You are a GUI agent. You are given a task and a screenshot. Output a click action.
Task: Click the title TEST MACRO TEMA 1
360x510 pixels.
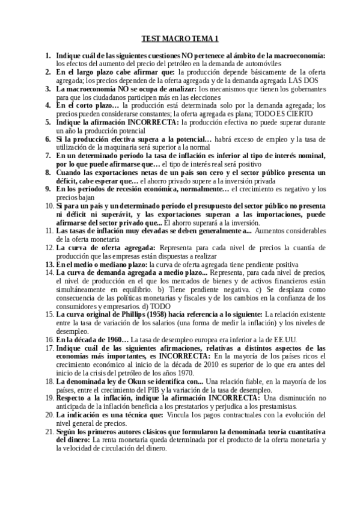[180, 40]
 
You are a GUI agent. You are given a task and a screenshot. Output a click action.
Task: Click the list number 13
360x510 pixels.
[50, 263]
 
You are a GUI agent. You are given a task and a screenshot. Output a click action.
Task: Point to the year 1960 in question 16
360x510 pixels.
[115, 339]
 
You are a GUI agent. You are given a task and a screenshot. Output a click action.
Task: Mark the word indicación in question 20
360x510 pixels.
[82, 415]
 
